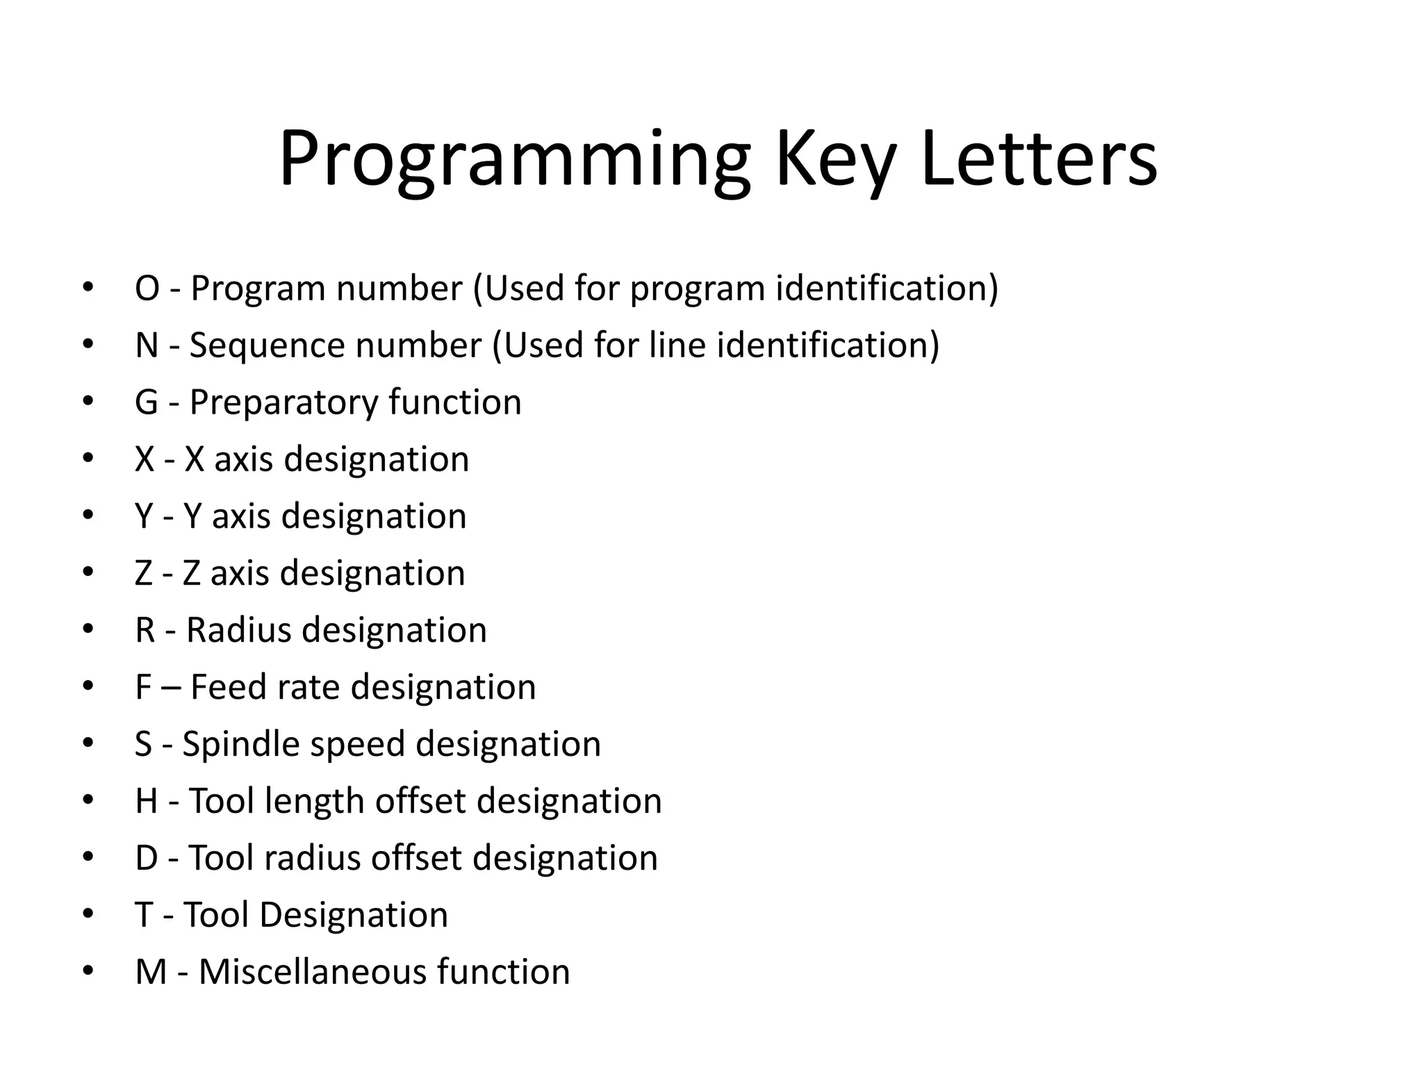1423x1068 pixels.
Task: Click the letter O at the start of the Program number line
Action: [147, 289]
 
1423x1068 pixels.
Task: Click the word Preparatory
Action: [283, 403]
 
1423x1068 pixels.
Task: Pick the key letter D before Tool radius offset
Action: [147, 858]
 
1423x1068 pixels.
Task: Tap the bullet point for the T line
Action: [88, 914]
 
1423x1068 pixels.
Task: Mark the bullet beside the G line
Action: [88, 402]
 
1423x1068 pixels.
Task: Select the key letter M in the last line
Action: [151, 972]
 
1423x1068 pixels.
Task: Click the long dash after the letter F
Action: [171, 688]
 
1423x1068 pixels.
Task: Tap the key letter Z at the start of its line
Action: [144, 574]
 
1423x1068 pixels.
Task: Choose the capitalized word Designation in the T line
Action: [353, 915]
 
